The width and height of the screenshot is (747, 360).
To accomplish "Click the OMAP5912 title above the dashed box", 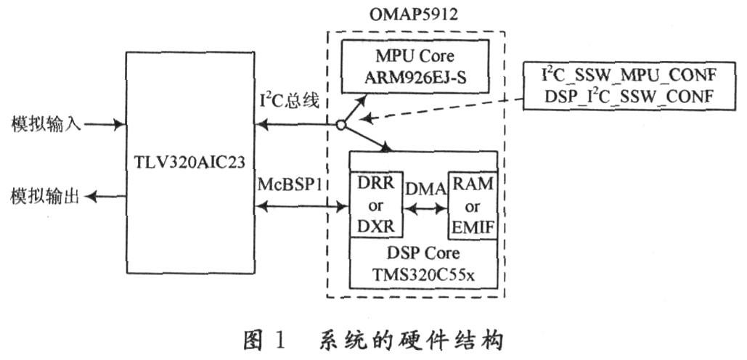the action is coord(414,14).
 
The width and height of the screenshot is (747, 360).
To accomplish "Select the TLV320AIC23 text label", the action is coord(190,163).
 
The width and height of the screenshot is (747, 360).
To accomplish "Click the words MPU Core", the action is coord(415,56).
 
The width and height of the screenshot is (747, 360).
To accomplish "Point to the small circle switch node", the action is coord(340,126).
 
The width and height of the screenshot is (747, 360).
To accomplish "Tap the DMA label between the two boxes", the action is coord(425,189).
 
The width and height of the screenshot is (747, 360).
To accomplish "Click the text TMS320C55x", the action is coord(423,274).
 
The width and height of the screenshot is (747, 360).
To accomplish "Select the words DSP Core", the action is coord(423,253).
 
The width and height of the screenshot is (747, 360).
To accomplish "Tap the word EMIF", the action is coord(472,228).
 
